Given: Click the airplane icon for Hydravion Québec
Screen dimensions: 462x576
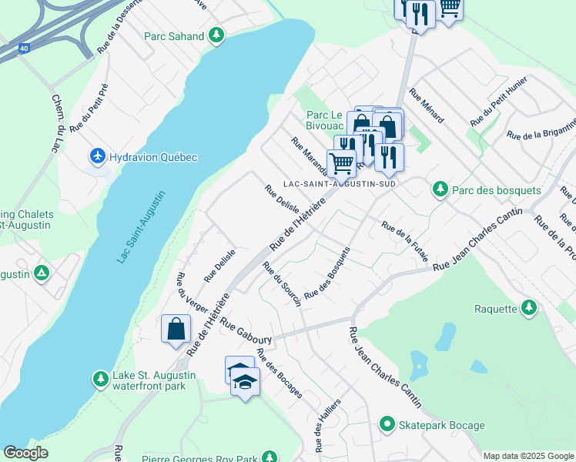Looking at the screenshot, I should (98, 156).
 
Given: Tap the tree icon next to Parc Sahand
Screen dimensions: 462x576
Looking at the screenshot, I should (217, 35).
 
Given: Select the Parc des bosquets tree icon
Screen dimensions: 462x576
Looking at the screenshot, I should (440, 189).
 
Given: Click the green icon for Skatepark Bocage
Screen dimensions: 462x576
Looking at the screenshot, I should (388, 424).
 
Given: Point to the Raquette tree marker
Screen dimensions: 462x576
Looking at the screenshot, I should (528, 308).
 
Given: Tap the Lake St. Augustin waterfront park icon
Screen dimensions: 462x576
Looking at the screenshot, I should (100, 379).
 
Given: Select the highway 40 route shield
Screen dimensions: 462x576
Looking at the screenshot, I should (23, 48).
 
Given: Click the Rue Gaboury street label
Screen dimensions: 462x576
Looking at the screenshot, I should (246, 331).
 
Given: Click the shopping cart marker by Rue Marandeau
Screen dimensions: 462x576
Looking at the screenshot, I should (341, 162).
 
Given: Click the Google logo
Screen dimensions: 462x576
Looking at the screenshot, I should (25, 454).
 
